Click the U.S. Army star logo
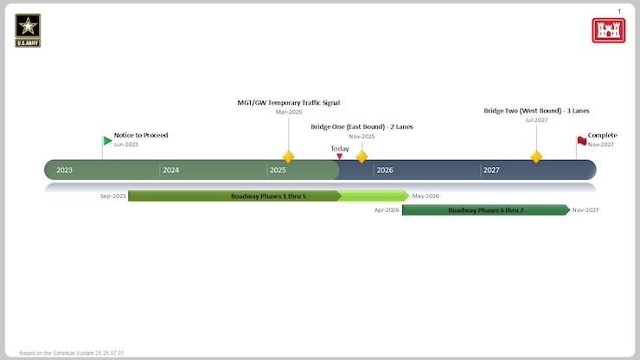[x=28, y=29]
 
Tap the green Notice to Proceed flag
[x=107, y=140]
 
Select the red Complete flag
[x=581, y=140]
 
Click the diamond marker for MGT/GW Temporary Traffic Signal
[x=289, y=157]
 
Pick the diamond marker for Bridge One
[x=362, y=157]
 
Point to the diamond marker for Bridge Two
[x=536, y=157]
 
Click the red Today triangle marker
[x=339, y=157]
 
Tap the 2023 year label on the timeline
[x=65, y=170]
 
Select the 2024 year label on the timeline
[x=171, y=170]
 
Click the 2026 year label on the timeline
[x=385, y=170]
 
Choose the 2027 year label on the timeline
[x=491, y=170]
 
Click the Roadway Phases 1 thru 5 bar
[x=268, y=196]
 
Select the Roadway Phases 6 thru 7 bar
[x=485, y=210]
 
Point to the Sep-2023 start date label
[x=112, y=196]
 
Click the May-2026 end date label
[x=426, y=196]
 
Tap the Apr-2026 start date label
[x=387, y=210]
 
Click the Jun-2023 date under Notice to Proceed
[x=125, y=145]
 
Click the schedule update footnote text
[x=72, y=353]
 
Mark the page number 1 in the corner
[x=619, y=10]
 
